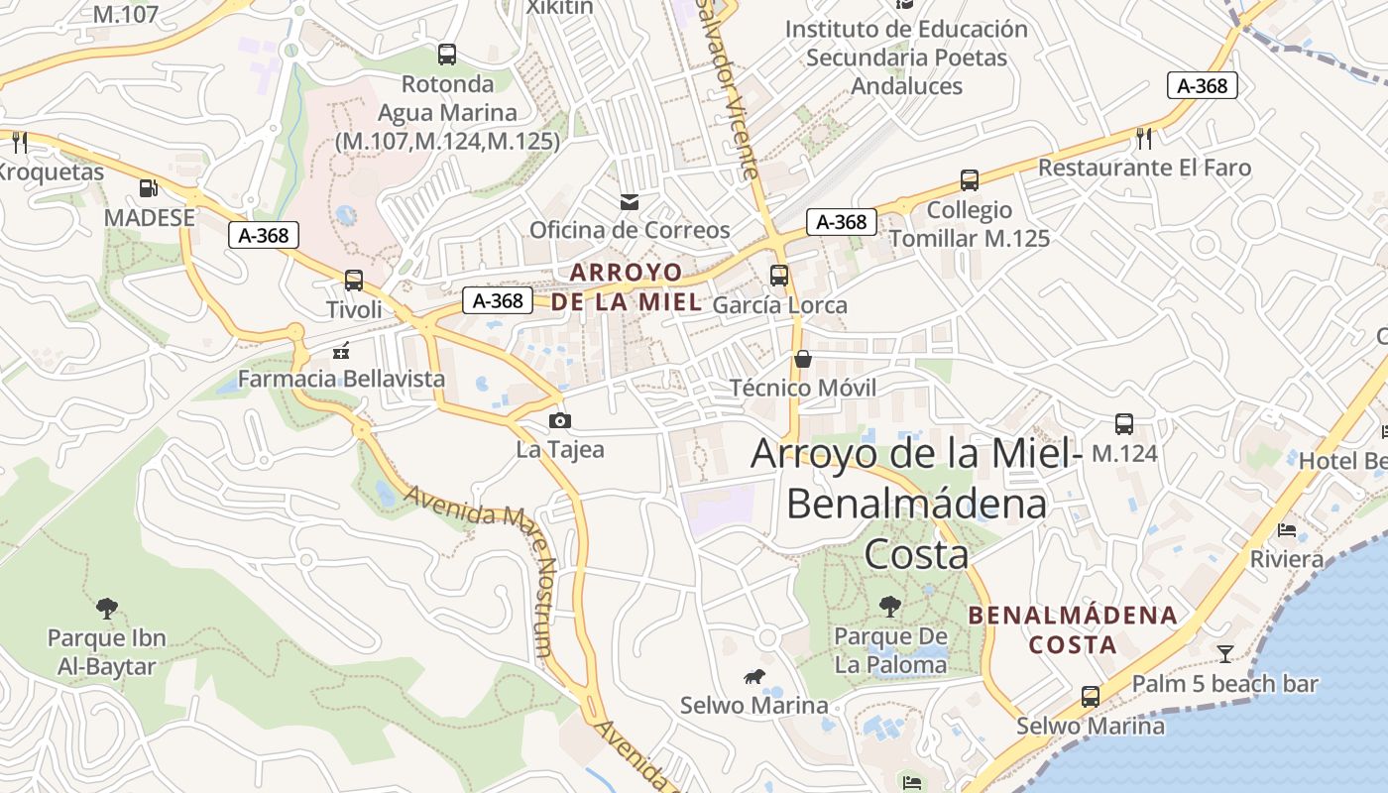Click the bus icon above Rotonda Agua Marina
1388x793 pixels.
click(447, 55)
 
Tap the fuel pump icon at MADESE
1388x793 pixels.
click(149, 187)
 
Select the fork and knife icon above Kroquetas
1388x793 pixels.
click(18, 142)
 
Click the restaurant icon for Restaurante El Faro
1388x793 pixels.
click(1145, 138)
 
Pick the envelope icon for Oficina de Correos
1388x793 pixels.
click(629, 202)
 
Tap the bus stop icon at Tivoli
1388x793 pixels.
click(354, 281)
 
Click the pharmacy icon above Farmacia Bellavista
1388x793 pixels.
click(341, 350)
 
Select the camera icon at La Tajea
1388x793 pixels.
click(559, 420)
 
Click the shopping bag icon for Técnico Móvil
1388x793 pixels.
click(803, 359)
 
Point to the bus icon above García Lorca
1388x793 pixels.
click(779, 275)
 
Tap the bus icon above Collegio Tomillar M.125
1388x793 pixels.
click(970, 180)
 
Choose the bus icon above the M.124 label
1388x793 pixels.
click(1124, 424)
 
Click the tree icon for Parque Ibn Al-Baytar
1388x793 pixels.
click(107, 608)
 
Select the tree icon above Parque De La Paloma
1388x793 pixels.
click(890, 606)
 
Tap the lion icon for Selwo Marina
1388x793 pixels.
click(753, 677)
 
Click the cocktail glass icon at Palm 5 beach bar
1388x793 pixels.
click(1225, 653)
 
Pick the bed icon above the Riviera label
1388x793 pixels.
click(1287, 530)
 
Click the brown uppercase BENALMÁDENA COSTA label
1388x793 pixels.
click(1073, 629)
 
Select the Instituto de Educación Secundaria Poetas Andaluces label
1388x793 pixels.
click(906, 57)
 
